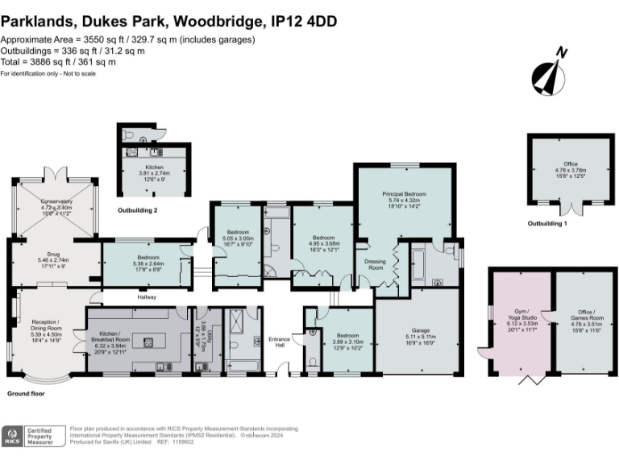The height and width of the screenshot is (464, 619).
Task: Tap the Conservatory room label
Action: pos(56,204)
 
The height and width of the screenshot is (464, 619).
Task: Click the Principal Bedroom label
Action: pos(404,195)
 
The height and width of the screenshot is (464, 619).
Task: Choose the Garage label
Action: pos(420,330)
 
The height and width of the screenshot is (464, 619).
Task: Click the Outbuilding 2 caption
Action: pos(138,210)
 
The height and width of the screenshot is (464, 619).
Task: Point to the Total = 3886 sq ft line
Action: pos(58,62)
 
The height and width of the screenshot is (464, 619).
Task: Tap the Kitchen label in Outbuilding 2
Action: pos(154,168)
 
